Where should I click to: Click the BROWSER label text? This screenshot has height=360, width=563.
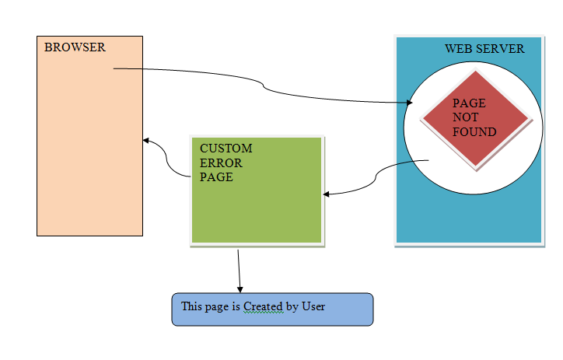click(75, 47)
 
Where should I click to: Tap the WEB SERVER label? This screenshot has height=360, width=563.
click(484, 49)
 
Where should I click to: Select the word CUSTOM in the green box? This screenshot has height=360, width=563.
click(226, 149)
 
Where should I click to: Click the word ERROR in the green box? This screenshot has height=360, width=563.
click(221, 163)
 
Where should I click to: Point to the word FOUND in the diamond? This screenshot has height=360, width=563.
click(474, 132)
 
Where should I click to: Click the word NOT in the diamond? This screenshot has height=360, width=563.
click(466, 117)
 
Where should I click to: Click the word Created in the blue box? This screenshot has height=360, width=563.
click(263, 307)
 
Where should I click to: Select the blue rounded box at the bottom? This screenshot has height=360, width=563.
click(272, 309)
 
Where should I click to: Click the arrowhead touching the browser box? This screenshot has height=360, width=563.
click(146, 141)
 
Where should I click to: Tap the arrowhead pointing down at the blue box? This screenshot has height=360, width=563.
click(240, 289)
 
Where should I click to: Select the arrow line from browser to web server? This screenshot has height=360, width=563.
click(264, 86)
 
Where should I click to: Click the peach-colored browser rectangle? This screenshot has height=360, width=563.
click(89, 156)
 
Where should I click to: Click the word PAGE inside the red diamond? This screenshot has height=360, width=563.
click(469, 103)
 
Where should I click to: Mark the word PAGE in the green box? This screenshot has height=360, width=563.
click(216, 177)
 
